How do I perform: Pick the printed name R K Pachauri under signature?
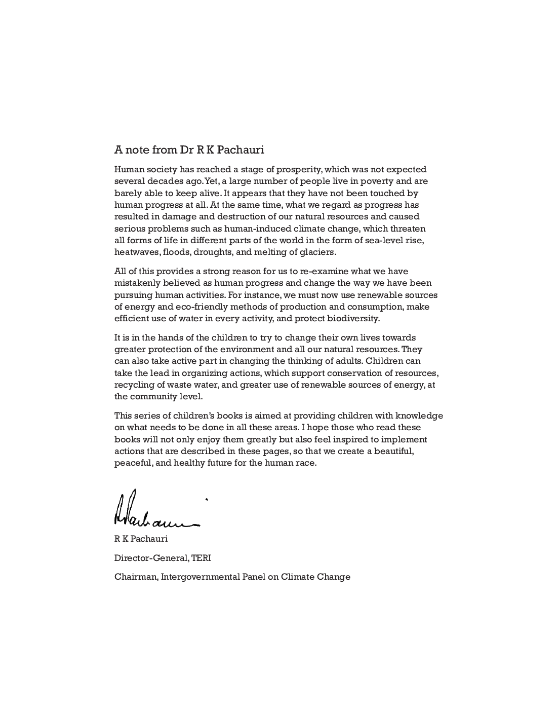pyautogui.click(x=141, y=539)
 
